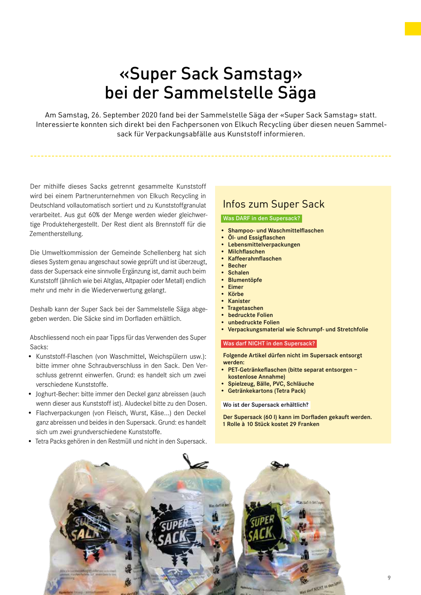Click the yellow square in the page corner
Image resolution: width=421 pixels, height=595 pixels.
(413, 29)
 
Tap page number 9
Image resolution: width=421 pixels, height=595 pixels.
(389, 578)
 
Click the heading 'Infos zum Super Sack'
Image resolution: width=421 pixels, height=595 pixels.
(274, 204)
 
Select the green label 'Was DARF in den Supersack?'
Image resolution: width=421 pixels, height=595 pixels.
(262, 218)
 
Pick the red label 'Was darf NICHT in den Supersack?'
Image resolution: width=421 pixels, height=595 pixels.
(269, 344)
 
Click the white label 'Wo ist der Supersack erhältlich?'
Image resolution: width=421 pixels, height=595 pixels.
(266, 405)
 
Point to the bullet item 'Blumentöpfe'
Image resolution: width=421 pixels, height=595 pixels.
(245, 280)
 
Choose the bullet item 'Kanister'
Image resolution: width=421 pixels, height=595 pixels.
(239, 301)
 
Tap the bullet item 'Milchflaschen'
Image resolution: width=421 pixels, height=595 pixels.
(246, 251)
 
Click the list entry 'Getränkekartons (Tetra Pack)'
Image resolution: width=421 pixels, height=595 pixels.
(267, 391)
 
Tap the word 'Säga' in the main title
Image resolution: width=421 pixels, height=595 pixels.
(297, 93)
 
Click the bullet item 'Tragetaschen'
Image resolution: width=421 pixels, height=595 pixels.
(245, 308)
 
